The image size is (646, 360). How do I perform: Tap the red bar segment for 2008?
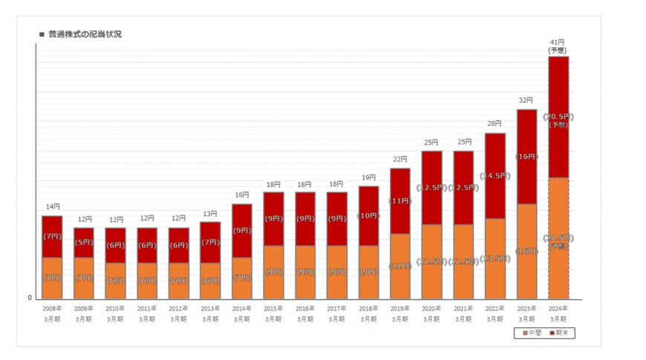coord(52,236)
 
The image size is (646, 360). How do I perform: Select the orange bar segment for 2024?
coord(558,238)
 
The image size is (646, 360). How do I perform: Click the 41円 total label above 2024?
coord(558,42)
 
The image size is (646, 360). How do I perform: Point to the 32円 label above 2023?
coord(526,99)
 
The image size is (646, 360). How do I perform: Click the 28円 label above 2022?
coord(495,123)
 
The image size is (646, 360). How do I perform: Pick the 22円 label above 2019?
coord(399,159)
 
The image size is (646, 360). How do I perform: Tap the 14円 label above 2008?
coord(52,206)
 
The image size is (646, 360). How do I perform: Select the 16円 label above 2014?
coord(242,194)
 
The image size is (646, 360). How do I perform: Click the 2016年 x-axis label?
coord(305,308)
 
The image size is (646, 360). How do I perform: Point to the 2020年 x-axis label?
coord(431,308)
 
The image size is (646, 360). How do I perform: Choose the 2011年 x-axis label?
coord(147,308)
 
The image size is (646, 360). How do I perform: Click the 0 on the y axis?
coord(30,298)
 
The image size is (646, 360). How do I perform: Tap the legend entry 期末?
coord(563,333)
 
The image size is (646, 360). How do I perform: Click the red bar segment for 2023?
coord(526,157)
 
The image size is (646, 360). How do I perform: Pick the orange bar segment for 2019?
coord(399,266)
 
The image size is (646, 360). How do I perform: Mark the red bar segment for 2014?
coord(242,230)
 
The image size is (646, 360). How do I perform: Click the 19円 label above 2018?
coord(368,177)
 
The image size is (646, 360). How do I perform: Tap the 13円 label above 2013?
coord(210,213)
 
